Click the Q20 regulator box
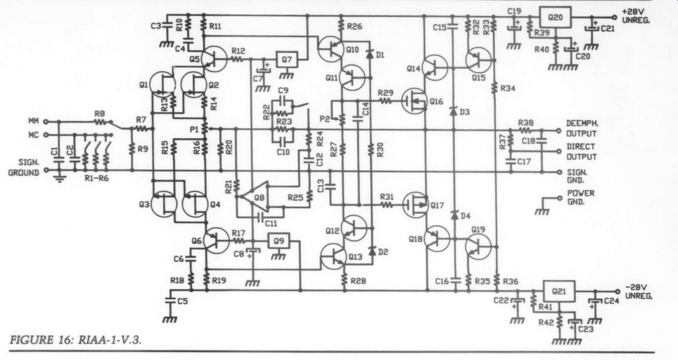(x=555, y=18)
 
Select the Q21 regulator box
(x=559, y=291)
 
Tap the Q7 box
(x=287, y=60)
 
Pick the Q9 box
(x=279, y=241)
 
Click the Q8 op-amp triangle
(x=255, y=197)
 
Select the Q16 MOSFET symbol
(x=414, y=101)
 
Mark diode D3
(x=453, y=111)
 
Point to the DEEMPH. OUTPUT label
(x=582, y=129)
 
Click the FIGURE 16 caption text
(x=75, y=340)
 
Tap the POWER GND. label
(x=581, y=197)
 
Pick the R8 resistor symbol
(x=100, y=123)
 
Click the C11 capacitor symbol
(x=260, y=217)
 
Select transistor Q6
(x=216, y=241)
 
